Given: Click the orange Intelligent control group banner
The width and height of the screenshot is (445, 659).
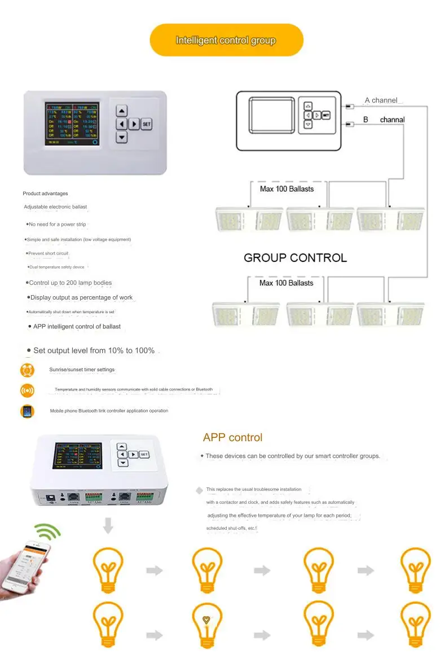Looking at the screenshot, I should pos(226,40).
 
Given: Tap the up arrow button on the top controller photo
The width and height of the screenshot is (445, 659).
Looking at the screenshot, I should pos(122,111).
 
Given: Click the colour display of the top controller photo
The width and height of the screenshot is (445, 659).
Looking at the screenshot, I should pos(72,124).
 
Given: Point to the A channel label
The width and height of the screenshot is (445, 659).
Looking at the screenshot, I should pos(381,100).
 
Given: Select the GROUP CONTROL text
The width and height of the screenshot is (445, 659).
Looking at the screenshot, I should pos(295,258).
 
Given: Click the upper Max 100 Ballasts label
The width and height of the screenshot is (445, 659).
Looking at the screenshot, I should pos(287,189).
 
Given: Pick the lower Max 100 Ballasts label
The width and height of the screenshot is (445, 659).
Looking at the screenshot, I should pos(286,283).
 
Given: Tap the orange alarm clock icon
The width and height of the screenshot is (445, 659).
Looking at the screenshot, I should pos(27,370).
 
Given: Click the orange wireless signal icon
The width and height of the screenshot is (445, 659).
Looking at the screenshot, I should pos(27,390).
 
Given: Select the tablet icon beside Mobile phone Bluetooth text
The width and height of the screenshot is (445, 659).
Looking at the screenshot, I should pos(27,411).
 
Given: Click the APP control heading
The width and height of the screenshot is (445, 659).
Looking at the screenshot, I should pos(232,437).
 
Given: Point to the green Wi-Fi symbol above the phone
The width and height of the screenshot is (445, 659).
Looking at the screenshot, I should pos(47,531).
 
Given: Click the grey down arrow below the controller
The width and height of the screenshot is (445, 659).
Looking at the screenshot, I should pos(108,525).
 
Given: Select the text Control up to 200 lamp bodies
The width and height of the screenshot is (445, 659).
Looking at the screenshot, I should pos(71,283).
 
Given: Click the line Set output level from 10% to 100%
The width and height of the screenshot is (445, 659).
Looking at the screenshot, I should pos(94,350).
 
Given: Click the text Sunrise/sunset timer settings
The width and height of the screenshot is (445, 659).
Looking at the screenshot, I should pos(82,370).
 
